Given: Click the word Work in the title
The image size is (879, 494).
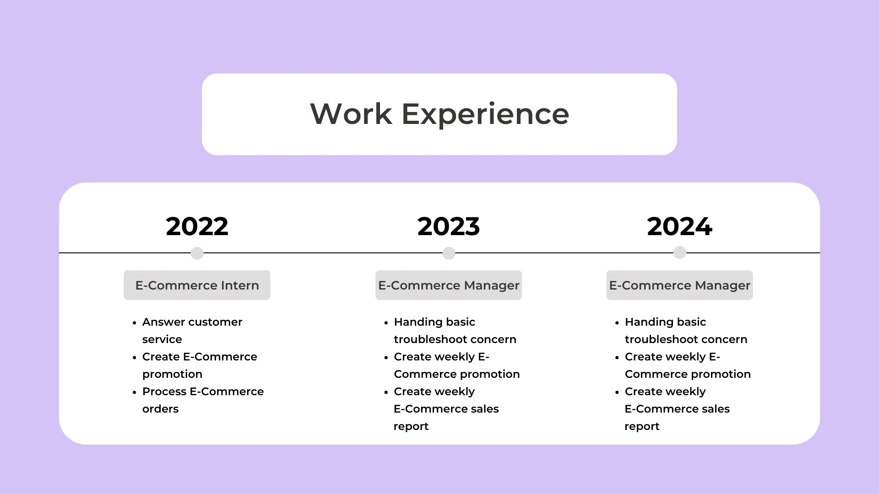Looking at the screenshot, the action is tap(351, 114).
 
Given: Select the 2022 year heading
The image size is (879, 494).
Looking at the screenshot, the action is tap(197, 226).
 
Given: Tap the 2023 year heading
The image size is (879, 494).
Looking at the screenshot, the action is tap(449, 226).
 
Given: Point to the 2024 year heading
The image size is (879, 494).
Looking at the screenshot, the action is tap(680, 226).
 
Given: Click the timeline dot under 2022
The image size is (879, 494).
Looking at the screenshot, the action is tap(197, 253).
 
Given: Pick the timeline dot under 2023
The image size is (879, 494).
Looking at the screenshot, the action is tap(449, 253).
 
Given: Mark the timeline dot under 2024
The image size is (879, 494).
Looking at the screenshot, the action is tap(680, 252).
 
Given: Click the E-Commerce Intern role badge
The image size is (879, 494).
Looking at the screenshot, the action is tap(197, 285).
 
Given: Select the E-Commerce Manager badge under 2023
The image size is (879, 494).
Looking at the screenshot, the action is tap(449, 285).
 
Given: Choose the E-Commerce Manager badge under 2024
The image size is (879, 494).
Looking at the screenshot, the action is tap(680, 285).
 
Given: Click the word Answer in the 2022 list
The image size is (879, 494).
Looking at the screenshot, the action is tap(163, 322).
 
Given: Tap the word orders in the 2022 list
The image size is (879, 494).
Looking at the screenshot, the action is tap(160, 409).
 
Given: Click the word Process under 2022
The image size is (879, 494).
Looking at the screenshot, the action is tap(164, 392).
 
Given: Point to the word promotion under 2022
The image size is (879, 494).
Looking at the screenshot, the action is tap(172, 375).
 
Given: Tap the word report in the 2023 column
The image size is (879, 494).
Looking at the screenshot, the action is tap(411, 427).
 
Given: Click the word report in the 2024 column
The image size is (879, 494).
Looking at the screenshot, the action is tap(642, 427).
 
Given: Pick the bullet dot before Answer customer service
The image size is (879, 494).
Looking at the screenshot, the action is tap(135, 323).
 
